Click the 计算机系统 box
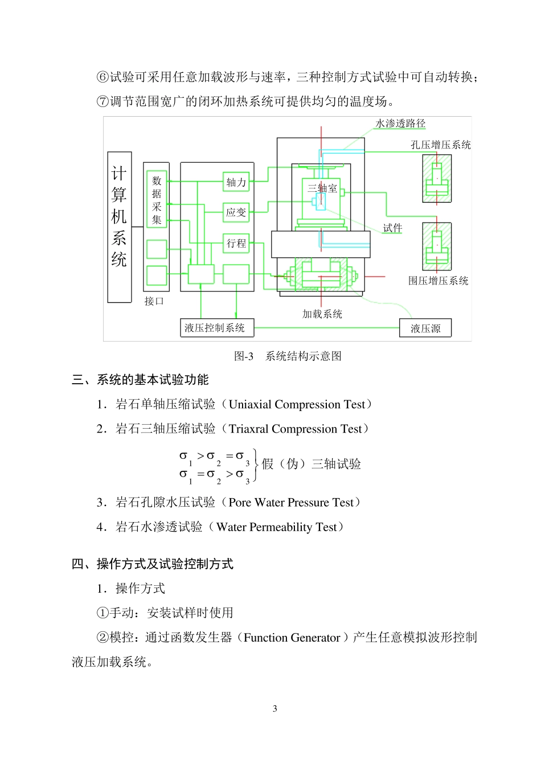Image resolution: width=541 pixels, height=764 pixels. pos(120,227)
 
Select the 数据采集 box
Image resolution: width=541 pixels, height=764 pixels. pos(157,199)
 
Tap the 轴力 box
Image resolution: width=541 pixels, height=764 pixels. pos(236,182)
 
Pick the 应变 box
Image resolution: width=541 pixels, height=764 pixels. pos(236,212)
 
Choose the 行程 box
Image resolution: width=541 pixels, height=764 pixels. pos(236,243)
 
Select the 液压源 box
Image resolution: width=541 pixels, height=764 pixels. pos(425,328)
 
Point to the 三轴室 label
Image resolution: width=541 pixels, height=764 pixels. pos(322,188)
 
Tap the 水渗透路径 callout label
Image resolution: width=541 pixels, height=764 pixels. pos(400,124)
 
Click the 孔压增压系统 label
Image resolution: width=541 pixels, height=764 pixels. pos(441,145)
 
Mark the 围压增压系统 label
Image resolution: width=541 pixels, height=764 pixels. pos(438,281)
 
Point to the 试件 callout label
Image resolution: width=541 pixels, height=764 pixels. pos(392,228)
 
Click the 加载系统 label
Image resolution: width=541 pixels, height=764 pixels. pos(322,314)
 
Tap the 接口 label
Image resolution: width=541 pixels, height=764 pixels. pos(154,301)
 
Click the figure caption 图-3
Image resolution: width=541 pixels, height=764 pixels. pos(244,356)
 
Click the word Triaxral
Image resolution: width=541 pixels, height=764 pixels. pos(248,429)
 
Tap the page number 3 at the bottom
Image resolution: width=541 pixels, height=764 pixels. pos(275,709)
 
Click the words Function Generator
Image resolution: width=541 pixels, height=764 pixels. pos(292,638)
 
